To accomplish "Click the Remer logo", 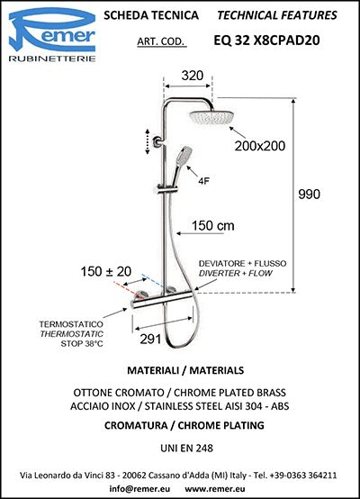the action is (x=52, y=34).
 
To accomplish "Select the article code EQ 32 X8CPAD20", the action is (x=266, y=41).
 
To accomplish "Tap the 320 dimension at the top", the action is (x=192, y=76).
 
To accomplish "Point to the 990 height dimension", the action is (x=309, y=195).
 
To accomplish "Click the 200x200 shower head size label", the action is (x=260, y=146).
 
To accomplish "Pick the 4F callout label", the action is (x=203, y=181).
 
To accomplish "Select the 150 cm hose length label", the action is (x=212, y=226).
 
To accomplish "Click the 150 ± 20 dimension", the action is (x=106, y=271).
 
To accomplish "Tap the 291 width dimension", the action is (x=150, y=340).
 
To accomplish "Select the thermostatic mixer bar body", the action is (x=162, y=300).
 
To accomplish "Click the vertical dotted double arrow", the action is (x=148, y=142).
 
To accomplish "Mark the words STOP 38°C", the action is (x=82, y=344).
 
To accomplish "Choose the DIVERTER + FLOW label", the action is (x=235, y=273).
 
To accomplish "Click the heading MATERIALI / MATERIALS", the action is (x=185, y=370).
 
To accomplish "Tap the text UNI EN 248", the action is (x=186, y=448).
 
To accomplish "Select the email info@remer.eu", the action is (x=139, y=488).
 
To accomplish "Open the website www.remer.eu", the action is (x=215, y=489).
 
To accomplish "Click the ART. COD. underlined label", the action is (x=161, y=41).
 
